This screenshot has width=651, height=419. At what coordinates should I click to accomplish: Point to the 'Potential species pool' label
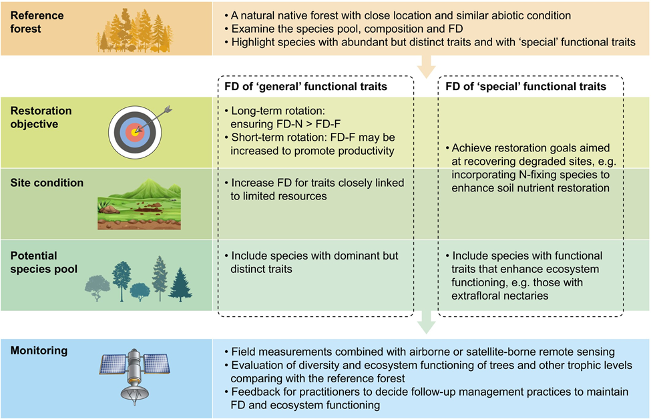(x=43, y=262)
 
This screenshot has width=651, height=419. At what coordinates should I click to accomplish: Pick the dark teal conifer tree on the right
(x=180, y=284)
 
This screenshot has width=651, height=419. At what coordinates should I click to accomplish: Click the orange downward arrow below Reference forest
(x=425, y=65)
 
